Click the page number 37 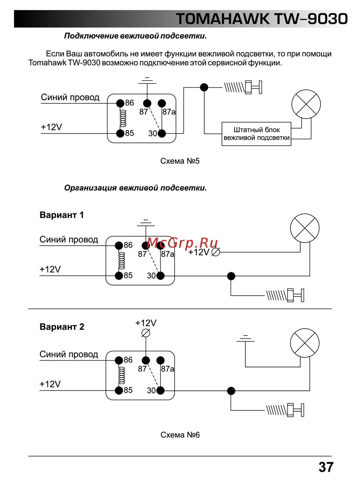(326, 467)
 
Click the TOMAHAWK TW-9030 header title (262, 19)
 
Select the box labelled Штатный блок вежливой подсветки (256, 134)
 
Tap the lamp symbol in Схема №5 (306, 104)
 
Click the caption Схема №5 (180, 161)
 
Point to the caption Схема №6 (180, 435)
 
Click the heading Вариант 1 (62, 215)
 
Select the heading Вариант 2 (62, 327)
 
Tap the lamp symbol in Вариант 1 (305, 228)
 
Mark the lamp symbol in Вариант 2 (305, 343)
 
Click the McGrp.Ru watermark (183, 243)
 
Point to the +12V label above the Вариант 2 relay (146, 323)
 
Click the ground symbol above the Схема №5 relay (146, 80)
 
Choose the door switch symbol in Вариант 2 (285, 410)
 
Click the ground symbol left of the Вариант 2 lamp (246, 338)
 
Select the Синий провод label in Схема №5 (70, 97)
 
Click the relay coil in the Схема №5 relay (123, 118)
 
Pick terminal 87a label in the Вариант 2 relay (168, 369)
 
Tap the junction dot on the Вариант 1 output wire (231, 276)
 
